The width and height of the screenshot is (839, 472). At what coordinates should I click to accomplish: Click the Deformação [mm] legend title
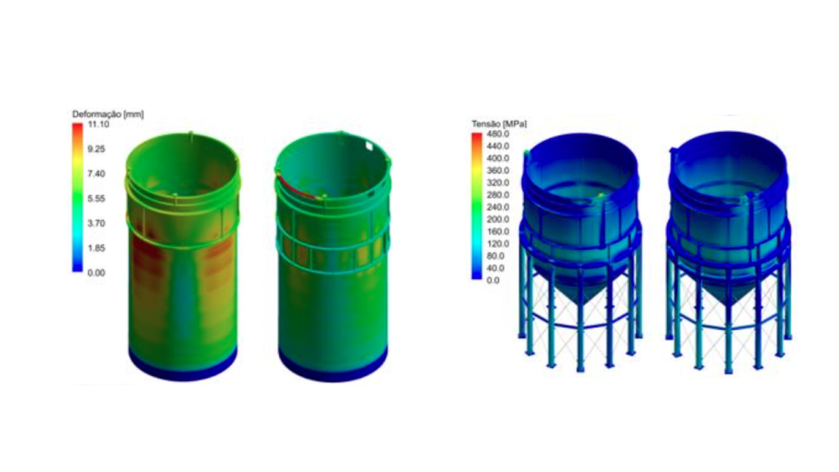pyautogui.click(x=108, y=114)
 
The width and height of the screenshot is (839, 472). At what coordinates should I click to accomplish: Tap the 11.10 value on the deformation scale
pyautogui.click(x=98, y=125)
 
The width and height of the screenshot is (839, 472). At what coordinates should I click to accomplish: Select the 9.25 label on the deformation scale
pyautogui.click(x=96, y=149)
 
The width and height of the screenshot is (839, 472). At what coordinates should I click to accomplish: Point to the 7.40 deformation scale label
pyautogui.click(x=96, y=174)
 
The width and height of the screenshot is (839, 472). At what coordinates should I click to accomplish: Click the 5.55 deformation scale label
pyautogui.click(x=96, y=199)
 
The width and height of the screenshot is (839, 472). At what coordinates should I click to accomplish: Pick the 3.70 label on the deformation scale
pyautogui.click(x=96, y=224)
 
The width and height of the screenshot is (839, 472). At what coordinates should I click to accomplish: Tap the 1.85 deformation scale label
pyautogui.click(x=96, y=248)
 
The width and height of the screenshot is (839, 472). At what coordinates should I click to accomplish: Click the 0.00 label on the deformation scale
pyautogui.click(x=96, y=273)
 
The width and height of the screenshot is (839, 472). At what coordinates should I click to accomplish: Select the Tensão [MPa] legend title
pyautogui.click(x=499, y=124)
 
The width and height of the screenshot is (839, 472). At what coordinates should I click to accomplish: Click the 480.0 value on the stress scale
pyautogui.click(x=498, y=134)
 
